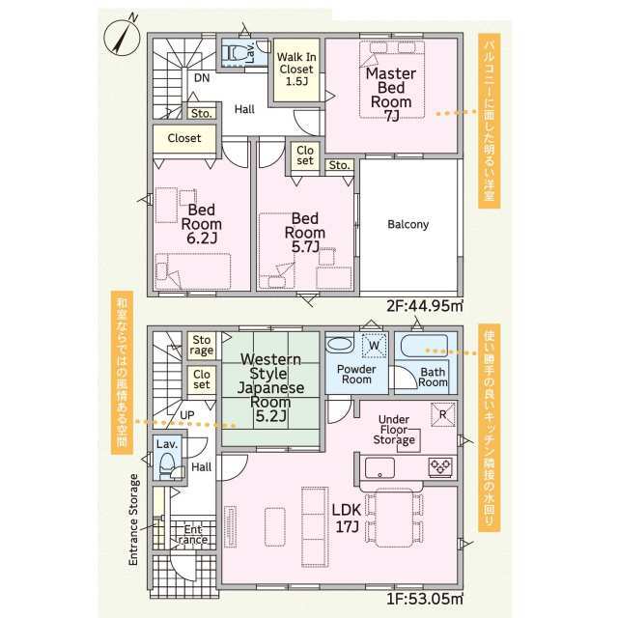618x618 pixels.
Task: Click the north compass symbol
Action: click(122, 37)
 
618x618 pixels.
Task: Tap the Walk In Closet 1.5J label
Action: click(296, 69)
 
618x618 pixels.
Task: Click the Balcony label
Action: click(407, 224)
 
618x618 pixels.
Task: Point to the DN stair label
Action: click(202, 77)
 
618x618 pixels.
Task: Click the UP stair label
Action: click(186, 415)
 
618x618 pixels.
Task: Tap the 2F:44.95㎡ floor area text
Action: click(425, 306)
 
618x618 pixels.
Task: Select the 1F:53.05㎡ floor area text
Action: click(425, 599)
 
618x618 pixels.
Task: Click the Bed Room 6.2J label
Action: click(202, 224)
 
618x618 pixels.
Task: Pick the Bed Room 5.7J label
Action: click(305, 233)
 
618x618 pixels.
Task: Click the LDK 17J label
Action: click(347, 519)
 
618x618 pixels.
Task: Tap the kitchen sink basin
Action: click(379, 467)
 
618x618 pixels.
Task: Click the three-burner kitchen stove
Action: click(440, 467)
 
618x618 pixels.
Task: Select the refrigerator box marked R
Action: click(442, 414)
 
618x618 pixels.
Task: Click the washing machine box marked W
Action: click(374, 346)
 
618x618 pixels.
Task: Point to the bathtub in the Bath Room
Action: click(424, 346)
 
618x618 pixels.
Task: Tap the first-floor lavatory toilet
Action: click(167, 465)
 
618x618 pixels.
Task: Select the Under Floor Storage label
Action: click(394, 430)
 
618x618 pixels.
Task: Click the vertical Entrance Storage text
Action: click(133, 520)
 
